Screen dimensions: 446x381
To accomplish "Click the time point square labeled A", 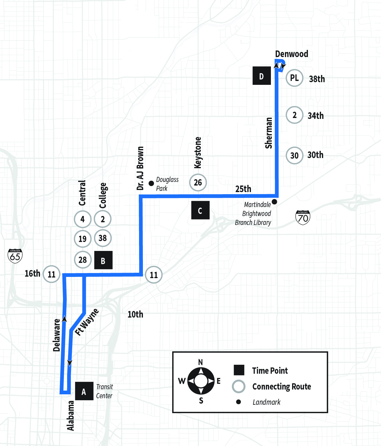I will [84, 391].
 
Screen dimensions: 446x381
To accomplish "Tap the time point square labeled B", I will [103, 260].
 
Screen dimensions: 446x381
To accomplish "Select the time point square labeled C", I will [200, 210].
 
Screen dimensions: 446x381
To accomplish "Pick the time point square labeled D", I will [262, 76].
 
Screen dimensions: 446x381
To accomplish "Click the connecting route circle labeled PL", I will [294, 78].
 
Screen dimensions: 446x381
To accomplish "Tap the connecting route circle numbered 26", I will [198, 182].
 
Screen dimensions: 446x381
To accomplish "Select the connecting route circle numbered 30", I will [294, 155].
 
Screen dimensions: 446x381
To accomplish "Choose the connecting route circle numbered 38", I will [103, 238].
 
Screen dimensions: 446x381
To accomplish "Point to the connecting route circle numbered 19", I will [82, 239].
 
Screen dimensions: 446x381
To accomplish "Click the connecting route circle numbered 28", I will [82, 260].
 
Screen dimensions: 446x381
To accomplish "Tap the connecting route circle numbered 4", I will [82, 219].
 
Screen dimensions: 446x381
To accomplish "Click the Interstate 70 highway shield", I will [303, 217].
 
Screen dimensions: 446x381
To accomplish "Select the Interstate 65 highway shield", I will [15, 256].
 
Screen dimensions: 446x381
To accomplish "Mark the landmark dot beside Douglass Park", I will [151, 183].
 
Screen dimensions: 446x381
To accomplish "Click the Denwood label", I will [291, 54].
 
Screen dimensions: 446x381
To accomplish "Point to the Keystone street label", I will [198, 152].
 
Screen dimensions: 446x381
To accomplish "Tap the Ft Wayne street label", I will [87, 322].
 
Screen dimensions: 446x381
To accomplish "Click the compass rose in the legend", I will [201, 381].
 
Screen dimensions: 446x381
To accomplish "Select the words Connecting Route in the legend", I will [281, 387].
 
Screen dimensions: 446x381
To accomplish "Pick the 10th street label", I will [135, 315].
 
